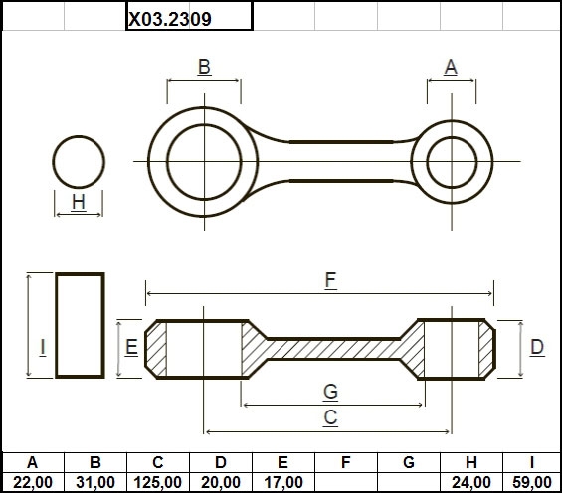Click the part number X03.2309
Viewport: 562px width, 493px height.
(x=170, y=19)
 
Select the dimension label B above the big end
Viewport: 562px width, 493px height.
(x=204, y=67)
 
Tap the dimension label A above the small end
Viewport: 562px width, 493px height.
(x=451, y=67)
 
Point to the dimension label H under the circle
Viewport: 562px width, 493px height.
(x=79, y=202)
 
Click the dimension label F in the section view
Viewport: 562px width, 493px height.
(x=331, y=280)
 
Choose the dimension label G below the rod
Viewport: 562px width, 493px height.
(x=330, y=391)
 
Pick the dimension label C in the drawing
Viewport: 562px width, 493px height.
(x=330, y=417)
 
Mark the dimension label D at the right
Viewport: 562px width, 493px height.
(x=537, y=347)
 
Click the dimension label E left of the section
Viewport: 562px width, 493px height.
(x=131, y=347)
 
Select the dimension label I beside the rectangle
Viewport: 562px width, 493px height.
(x=43, y=347)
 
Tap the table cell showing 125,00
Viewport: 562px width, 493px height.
(x=158, y=482)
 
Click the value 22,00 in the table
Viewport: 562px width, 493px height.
(x=33, y=482)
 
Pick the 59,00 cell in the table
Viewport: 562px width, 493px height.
(x=532, y=482)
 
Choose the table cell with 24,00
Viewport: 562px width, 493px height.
(x=471, y=482)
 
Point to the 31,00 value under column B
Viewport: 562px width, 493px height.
(x=95, y=482)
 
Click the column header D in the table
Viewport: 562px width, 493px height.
(x=221, y=462)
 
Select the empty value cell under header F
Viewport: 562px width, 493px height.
(x=346, y=482)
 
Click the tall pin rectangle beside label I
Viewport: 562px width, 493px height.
(x=57, y=325)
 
